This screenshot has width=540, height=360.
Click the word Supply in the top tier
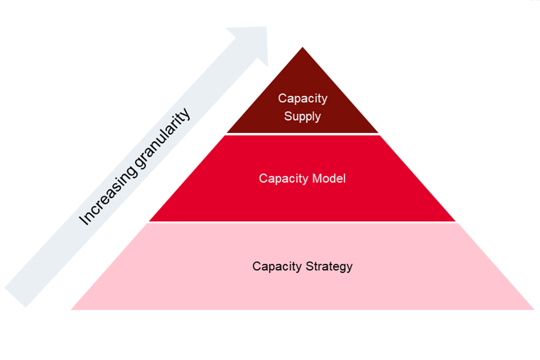click(x=302, y=117)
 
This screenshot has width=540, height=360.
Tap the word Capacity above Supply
click(x=302, y=98)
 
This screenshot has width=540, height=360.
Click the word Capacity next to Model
click(x=283, y=178)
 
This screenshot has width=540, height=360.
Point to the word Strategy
click(x=329, y=266)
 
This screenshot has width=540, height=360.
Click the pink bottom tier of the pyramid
click(x=302, y=291)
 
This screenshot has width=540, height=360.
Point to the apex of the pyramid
click(x=302, y=48)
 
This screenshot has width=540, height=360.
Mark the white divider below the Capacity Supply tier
click(x=302, y=134)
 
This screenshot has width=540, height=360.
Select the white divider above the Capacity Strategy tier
click(x=302, y=222)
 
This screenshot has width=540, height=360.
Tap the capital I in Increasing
click(x=84, y=221)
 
